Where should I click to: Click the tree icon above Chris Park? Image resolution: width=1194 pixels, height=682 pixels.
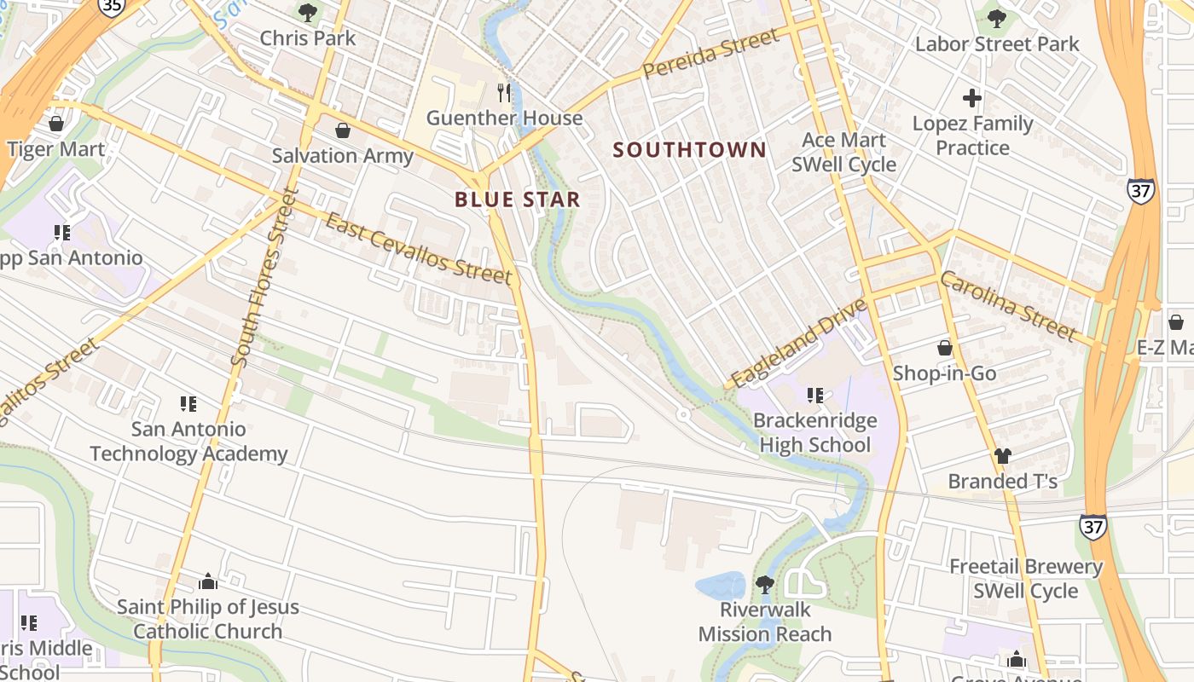tap(307, 13)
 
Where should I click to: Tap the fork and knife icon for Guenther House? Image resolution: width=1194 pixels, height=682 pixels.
tap(504, 92)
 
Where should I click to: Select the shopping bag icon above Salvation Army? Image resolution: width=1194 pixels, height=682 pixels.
tap(342, 130)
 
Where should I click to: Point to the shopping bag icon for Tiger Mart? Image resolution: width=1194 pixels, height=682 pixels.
tap(56, 124)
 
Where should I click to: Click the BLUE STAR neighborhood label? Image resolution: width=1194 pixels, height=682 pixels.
tap(517, 200)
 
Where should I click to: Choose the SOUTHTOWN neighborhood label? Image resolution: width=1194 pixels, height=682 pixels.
tap(689, 150)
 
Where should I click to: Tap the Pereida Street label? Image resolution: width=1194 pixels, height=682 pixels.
tap(711, 53)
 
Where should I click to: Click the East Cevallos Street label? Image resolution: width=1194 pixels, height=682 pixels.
tap(419, 249)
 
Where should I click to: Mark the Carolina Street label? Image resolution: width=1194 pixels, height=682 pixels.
tap(1008, 305)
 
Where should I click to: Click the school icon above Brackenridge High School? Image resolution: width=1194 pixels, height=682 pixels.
tap(814, 396)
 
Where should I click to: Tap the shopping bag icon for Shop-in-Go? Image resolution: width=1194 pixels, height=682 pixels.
tap(944, 348)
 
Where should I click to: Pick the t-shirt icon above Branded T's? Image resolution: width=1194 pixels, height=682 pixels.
tap(1002, 456)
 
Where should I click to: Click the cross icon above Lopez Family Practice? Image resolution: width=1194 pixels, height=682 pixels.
tap(971, 98)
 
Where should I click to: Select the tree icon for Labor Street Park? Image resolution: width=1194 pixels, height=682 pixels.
tap(996, 19)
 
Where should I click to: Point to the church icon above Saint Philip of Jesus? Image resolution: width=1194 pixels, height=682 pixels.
tap(207, 582)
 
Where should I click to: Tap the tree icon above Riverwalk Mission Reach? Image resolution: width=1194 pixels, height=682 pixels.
tap(764, 585)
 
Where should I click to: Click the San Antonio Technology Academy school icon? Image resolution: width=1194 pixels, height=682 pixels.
tap(188, 404)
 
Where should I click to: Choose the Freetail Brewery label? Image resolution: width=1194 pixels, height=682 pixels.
tap(1026, 567)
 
